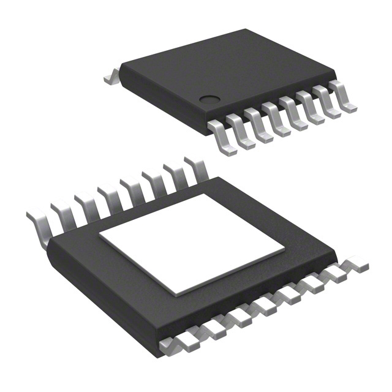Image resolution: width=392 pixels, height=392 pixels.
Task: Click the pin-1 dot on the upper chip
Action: point(209,98)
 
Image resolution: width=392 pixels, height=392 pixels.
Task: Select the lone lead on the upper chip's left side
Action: point(111,76)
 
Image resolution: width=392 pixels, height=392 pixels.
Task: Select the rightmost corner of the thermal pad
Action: point(285,249)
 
